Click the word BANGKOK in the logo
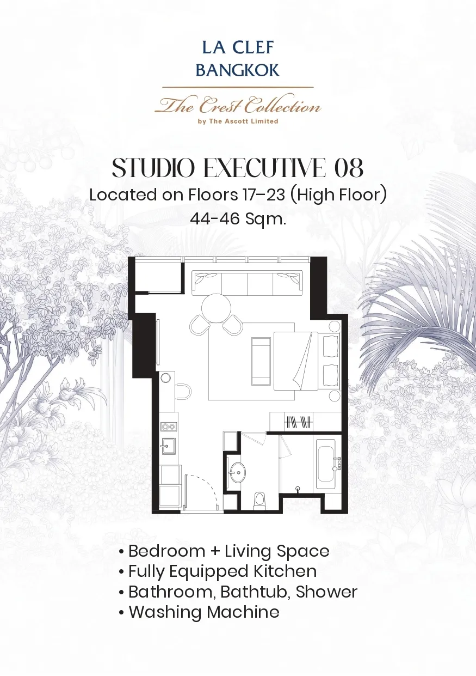(x=238, y=70)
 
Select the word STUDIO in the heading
(x=153, y=168)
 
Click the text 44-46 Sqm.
(x=238, y=219)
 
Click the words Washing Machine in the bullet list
(x=204, y=611)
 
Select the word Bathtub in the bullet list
(x=255, y=591)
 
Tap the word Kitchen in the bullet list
(x=285, y=571)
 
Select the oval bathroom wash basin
(x=238, y=473)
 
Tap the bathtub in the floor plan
(x=325, y=460)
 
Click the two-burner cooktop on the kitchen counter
(x=169, y=427)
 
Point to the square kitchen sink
(x=169, y=446)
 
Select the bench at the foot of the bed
(x=261, y=361)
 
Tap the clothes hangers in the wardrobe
(x=299, y=422)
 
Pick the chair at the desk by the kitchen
(x=183, y=391)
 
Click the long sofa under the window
(x=247, y=283)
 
